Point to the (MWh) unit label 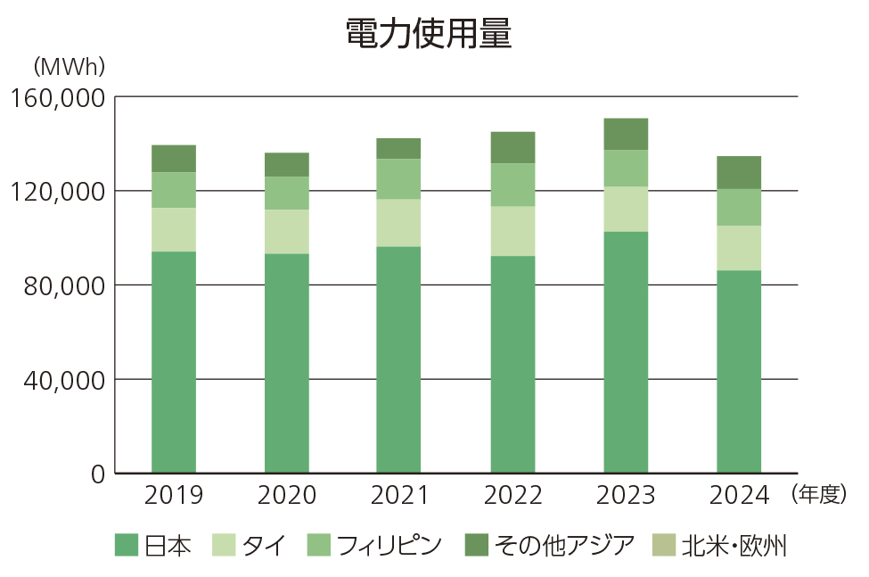(69, 66)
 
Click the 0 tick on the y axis (97, 474)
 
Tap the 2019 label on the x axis (174, 495)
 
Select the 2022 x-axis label (513, 495)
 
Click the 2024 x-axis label (739, 495)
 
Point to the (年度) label (817, 494)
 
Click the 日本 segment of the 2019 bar (174, 362)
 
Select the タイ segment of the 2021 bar (398, 222)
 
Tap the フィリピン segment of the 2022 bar (513, 185)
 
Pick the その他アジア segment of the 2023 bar (626, 134)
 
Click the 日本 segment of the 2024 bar (739, 371)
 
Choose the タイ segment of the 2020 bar (287, 232)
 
